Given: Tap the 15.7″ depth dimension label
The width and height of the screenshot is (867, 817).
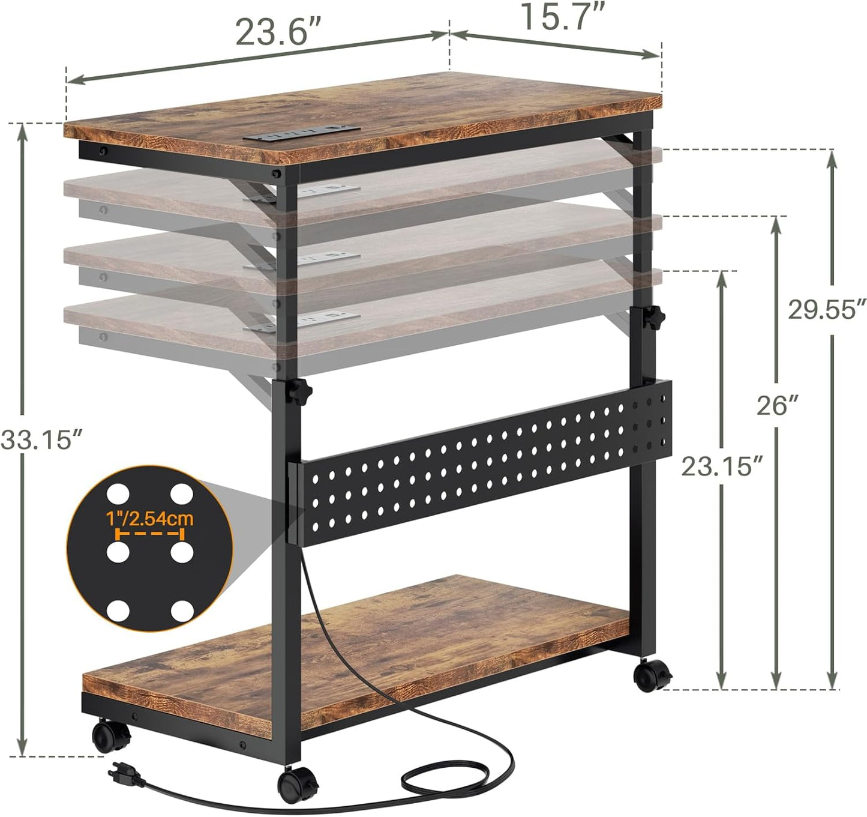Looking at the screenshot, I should [x=562, y=17].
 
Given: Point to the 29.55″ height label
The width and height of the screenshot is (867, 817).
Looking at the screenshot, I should [x=827, y=309].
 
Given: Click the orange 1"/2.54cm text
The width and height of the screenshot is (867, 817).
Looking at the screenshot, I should [x=149, y=517].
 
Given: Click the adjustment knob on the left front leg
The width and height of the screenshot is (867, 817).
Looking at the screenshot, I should [x=302, y=392].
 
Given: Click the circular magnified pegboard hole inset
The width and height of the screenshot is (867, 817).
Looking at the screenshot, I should [x=149, y=547].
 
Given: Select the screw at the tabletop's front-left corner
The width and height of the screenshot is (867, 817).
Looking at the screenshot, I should [x=103, y=150].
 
